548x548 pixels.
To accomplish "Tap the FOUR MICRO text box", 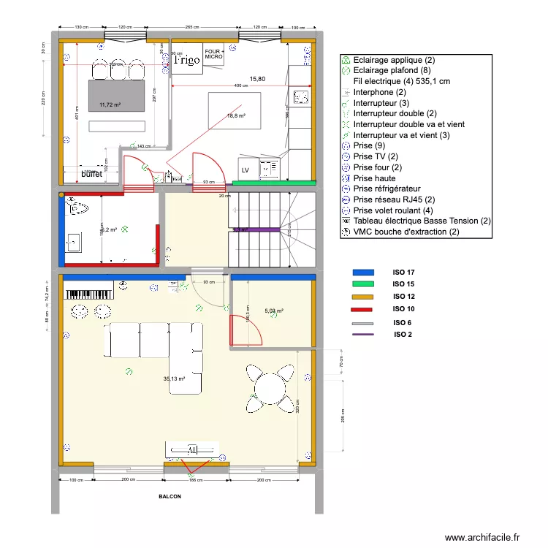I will [213, 53].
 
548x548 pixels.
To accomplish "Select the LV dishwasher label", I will [246, 170].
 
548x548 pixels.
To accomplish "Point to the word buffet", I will [91, 175].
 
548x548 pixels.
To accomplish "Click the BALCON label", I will [170, 496].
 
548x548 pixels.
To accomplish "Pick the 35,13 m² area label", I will [174, 378].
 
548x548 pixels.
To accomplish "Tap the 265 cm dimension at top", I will [193, 27].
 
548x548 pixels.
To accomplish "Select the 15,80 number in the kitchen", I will [257, 78].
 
